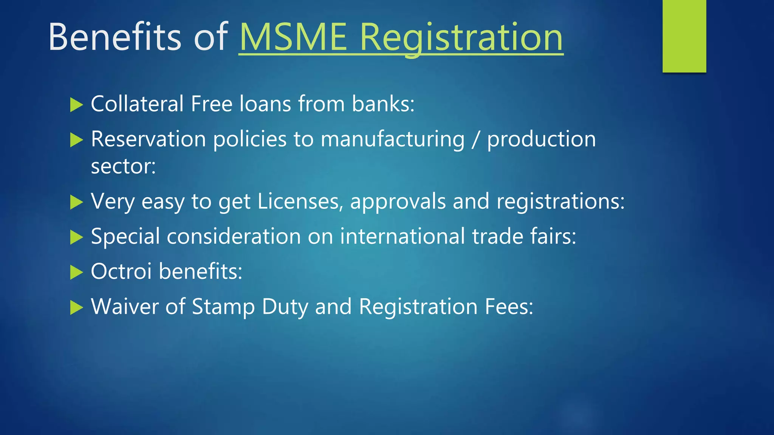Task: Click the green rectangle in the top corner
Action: coord(684,36)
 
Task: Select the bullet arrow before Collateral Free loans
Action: coord(76,105)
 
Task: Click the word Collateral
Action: coord(137,104)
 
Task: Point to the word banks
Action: coord(383,104)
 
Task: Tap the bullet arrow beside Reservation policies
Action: coord(76,140)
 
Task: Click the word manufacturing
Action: coord(392,139)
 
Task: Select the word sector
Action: coord(123,167)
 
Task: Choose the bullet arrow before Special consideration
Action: coord(76,238)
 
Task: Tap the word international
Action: coord(402,236)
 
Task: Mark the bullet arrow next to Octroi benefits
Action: coord(76,272)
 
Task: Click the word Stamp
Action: coord(223,307)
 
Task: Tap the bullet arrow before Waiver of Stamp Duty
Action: coord(76,308)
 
